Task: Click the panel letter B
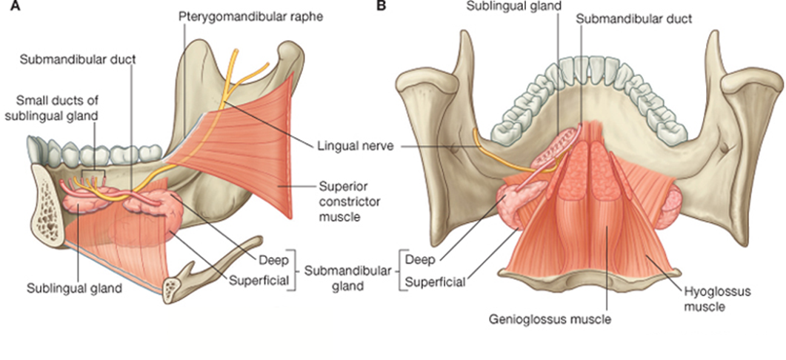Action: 381,7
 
